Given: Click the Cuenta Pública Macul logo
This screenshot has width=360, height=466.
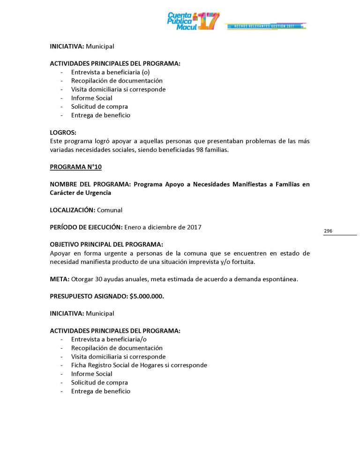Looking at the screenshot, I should tap(193, 21).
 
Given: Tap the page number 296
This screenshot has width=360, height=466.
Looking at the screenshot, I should tap(328, 231).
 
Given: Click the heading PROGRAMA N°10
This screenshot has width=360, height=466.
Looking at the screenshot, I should tap(75, 167).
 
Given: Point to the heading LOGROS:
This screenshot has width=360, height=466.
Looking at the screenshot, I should tap(63, 133).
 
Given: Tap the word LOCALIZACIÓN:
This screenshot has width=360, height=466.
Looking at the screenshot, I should tap(73, 210).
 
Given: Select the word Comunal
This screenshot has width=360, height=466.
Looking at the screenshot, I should tap(110, 210).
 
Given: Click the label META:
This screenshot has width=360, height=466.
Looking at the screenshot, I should tap(60, 279).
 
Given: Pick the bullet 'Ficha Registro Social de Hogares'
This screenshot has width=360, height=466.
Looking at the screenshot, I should tap(139, 365).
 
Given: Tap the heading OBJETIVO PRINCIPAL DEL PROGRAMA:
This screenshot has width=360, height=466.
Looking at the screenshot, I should tap(106, 245).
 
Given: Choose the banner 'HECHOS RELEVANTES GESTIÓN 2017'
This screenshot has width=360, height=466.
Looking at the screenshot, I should tap(265, 26).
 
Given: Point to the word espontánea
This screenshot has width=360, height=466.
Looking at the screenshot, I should tap(280, 279).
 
